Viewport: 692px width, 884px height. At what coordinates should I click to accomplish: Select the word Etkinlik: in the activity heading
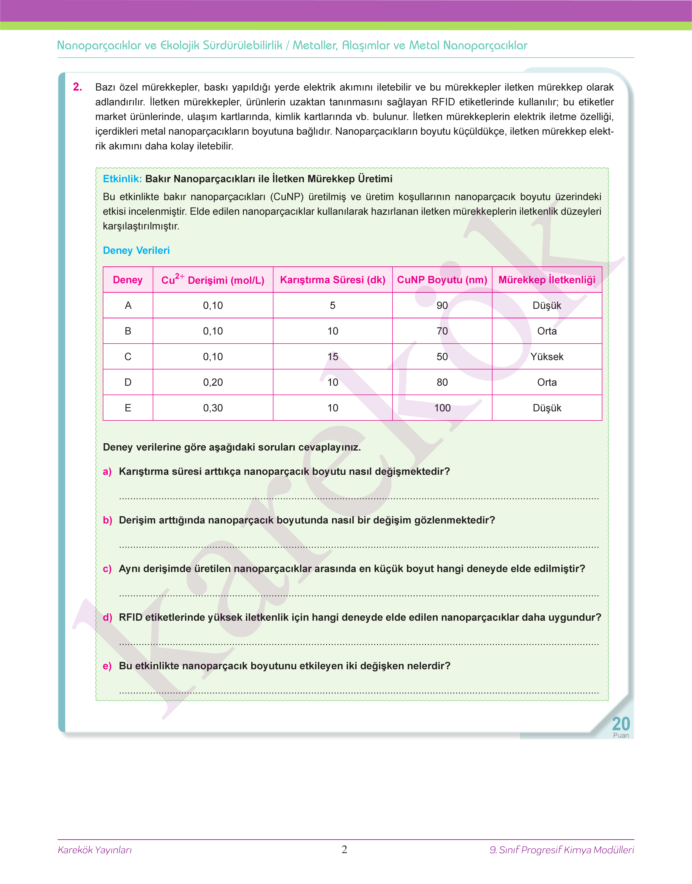[122, 179]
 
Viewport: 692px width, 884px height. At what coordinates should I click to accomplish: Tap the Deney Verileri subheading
[136, 250]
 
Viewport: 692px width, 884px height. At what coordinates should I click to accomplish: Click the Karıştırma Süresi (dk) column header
[333, 280]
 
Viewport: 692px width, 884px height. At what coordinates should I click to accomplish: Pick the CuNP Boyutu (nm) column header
[442, 280]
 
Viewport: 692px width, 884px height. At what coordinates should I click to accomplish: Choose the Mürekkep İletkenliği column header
[547, 280]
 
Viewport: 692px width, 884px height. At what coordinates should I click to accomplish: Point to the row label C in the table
[128, 357]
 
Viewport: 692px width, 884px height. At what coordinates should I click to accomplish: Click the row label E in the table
[128, 408]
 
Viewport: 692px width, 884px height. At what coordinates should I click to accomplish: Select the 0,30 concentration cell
[213, 408]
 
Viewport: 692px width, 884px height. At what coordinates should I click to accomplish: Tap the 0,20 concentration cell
[213, 382]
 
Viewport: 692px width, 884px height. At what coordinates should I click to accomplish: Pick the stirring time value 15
[333, 357]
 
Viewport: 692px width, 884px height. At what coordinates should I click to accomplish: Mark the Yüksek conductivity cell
[547, 357]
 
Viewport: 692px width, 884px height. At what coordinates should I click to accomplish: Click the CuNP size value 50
[442, 357]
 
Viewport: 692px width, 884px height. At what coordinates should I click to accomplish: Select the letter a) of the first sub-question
[107, 471]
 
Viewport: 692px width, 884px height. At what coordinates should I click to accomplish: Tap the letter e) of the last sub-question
[107, 666]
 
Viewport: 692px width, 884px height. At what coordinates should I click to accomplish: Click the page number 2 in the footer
[344, 850]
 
